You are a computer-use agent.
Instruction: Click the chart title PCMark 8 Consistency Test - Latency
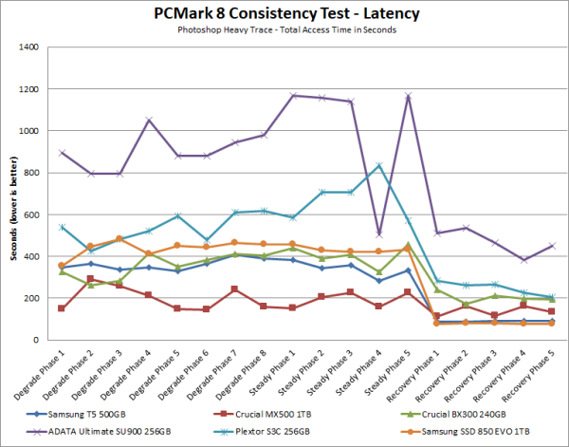(284, 14)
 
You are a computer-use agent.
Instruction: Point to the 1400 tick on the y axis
(31, 47)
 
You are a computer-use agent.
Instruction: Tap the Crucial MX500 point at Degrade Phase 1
(62, 307)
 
